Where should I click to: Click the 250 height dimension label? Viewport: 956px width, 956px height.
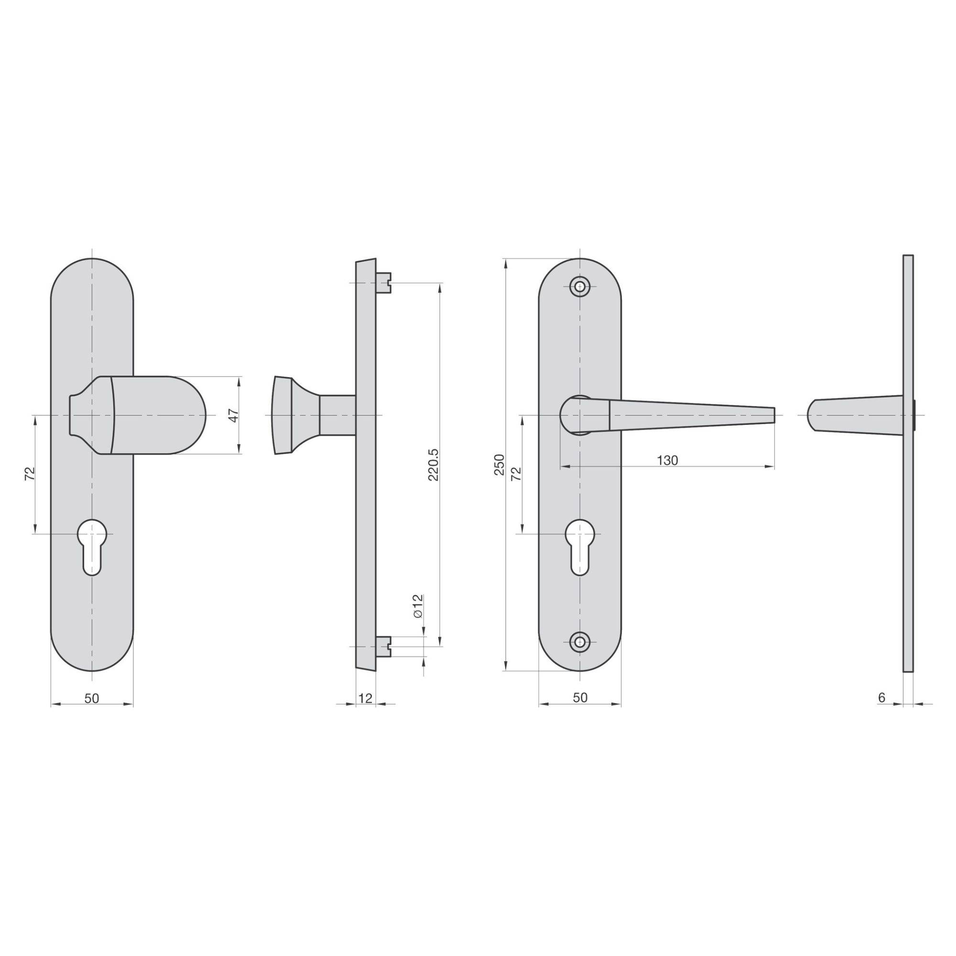tap(500, 465)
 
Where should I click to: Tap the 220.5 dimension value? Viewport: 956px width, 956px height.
tap(434, 465)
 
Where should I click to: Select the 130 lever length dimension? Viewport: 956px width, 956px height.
tap(667, 461)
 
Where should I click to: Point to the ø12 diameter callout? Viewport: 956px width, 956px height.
tap(418, 606)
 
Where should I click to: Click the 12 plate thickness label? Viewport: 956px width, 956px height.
tap(365, 698)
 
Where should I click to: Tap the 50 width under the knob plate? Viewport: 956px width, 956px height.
tap(92, 698)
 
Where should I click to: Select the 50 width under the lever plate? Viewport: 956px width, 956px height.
tap(580, 697)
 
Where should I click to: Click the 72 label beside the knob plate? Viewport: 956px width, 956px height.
tap(30, 474)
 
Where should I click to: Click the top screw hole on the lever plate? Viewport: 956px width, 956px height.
tap(580, 286)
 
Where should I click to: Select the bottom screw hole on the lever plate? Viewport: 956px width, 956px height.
tap(580, 641)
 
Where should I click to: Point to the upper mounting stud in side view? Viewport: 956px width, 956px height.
tap(384, 282)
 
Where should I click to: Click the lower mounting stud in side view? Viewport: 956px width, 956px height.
tap(384, 646)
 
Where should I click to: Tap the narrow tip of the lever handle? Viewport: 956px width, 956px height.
tap(771, 415)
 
